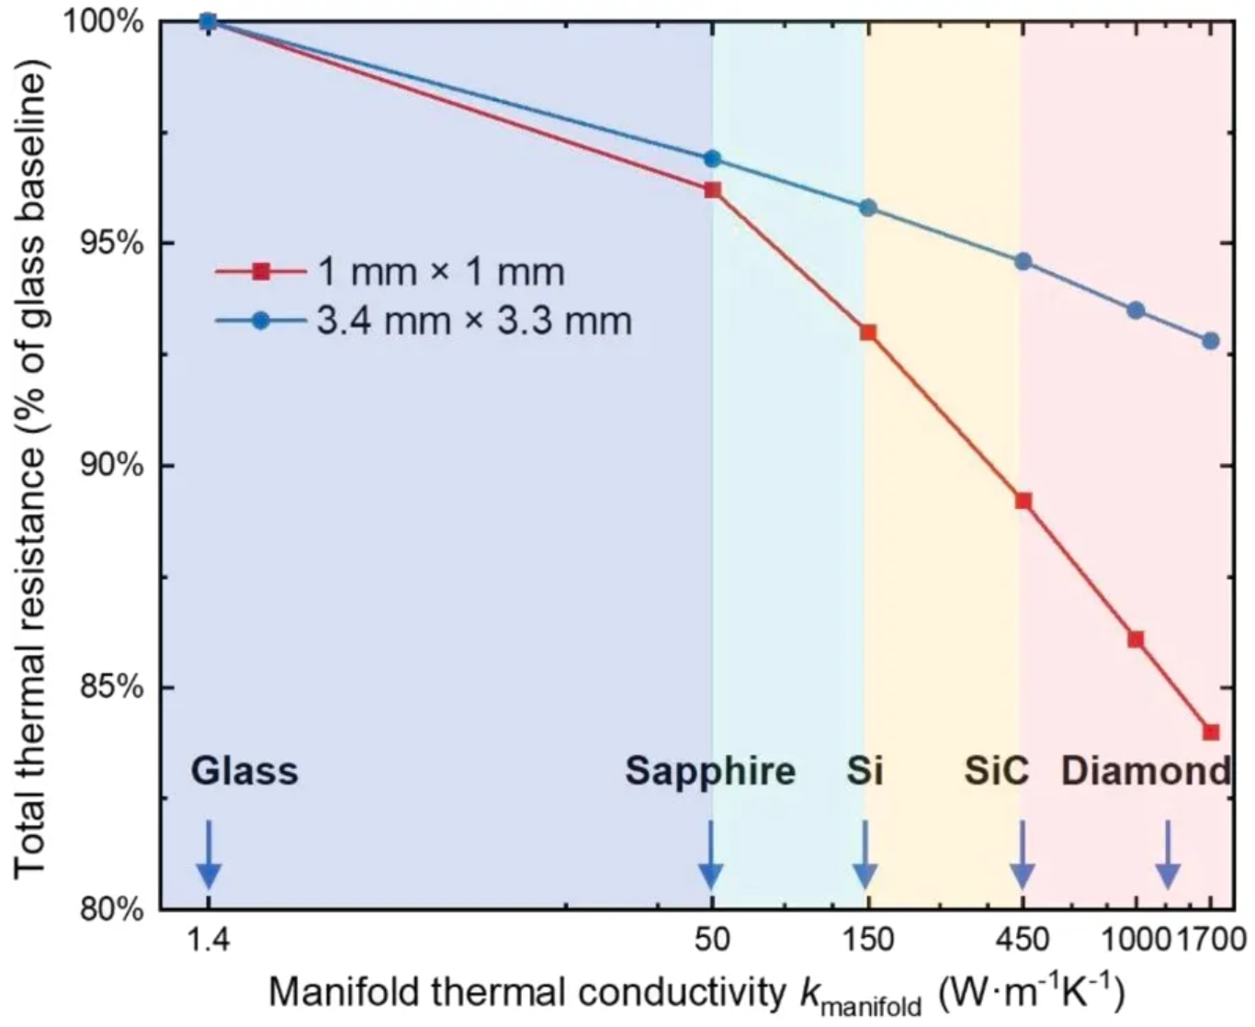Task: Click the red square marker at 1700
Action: point(1211,732)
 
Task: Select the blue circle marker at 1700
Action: point(1211,341)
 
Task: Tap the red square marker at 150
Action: point(867,333)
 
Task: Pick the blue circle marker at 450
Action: point(1023,262)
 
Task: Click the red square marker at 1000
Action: point(1136,639)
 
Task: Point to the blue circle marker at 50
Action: point(712,159)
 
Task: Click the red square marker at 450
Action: point(1023,501)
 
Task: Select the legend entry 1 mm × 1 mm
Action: point(441,272)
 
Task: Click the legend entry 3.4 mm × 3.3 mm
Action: point(474,322)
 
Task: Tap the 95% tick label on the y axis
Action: point(117,243)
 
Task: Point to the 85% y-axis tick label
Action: point(117,687)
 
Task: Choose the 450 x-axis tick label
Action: point(1023,940)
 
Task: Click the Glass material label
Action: point(244,771)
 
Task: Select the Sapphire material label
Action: point(710,771)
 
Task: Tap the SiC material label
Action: point(997,771)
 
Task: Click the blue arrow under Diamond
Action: point(1168,854)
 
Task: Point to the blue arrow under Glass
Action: point(209,854)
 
